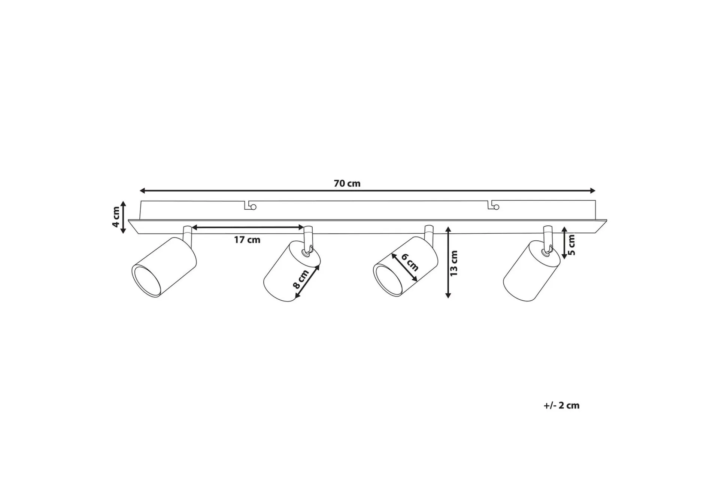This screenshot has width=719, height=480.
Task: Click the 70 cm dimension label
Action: [x=347, y=183]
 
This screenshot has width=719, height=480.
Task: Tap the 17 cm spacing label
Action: [x=247, y=240]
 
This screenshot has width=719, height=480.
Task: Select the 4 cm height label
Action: [x=116, y=217]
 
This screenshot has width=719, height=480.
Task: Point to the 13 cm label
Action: [x=454, y=263]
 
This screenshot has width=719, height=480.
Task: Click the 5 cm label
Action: [x=571, y=245]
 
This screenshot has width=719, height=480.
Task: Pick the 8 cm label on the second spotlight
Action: [x=301, y=279]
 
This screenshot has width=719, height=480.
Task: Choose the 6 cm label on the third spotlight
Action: [x=410, y=262]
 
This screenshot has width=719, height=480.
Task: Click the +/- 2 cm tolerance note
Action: [x=561, y=405]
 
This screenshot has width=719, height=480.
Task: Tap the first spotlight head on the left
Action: [x=164, y=267]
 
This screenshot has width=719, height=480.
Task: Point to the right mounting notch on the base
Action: [x=494, y=205]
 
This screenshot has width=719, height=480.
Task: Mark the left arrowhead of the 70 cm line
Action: [x=142, y=190]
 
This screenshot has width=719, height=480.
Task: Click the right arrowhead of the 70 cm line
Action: [x=592, y=190]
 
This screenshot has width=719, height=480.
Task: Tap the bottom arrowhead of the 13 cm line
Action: [x=448, y=295]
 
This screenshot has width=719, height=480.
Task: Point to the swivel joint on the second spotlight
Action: [x=309, y=250]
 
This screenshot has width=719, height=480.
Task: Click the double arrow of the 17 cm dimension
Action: [x=248, y=228]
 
